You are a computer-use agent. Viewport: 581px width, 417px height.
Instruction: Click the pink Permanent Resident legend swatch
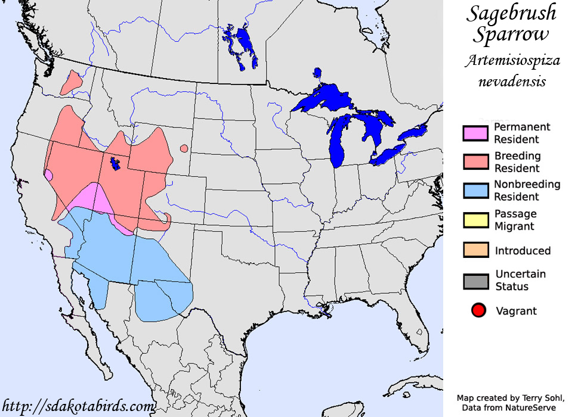click(x=475, y=133)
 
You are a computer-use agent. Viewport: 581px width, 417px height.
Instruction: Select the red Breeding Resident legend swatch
click(x=475, y=162)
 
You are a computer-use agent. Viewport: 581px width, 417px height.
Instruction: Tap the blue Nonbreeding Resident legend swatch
click(x=475, y=191)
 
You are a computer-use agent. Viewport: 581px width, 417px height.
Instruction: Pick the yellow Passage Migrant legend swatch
click(x=475, y=220)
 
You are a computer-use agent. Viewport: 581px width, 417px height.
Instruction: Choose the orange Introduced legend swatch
click(x=475, y=250)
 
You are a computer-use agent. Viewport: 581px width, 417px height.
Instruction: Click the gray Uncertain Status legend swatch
click(x=475, y=281)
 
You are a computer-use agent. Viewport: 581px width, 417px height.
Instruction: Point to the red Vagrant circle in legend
click(x=478, y=310)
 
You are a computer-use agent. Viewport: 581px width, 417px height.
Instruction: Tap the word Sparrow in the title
click(x=511, y=34)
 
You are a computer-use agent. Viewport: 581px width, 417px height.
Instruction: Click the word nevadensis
click(x=512, y=80)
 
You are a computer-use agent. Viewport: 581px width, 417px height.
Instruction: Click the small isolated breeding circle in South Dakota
click(x=184, y=148)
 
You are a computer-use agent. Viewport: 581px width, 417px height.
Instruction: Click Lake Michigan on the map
click(x=339, y=143)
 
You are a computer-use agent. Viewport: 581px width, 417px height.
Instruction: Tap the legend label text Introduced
click(x=523, y=251)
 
